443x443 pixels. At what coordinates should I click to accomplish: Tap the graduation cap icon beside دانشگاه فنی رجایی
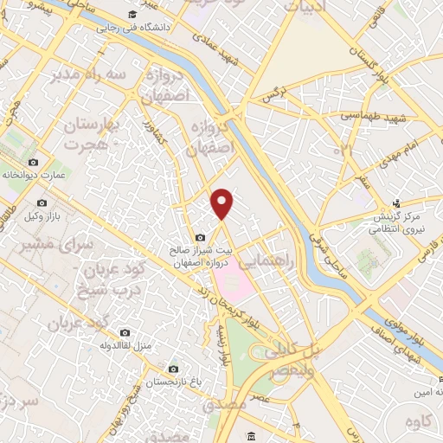tap(132, 14)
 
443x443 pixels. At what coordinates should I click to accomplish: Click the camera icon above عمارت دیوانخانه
tap(34, 162)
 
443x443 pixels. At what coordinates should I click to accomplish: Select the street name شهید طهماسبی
tap(363, 116)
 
